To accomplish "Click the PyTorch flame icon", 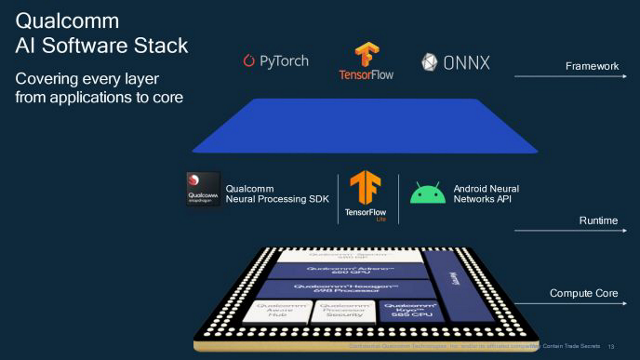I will pyautogui.click(x=250, y=62).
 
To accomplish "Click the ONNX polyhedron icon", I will pyautogui.click(x=430, y=63).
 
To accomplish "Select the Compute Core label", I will pyautogui.click(x=583, y=294).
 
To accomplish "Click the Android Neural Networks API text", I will pyautogui.click(x=487, y=194).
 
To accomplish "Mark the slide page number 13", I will pyautogui.click(x=610, y=345).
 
